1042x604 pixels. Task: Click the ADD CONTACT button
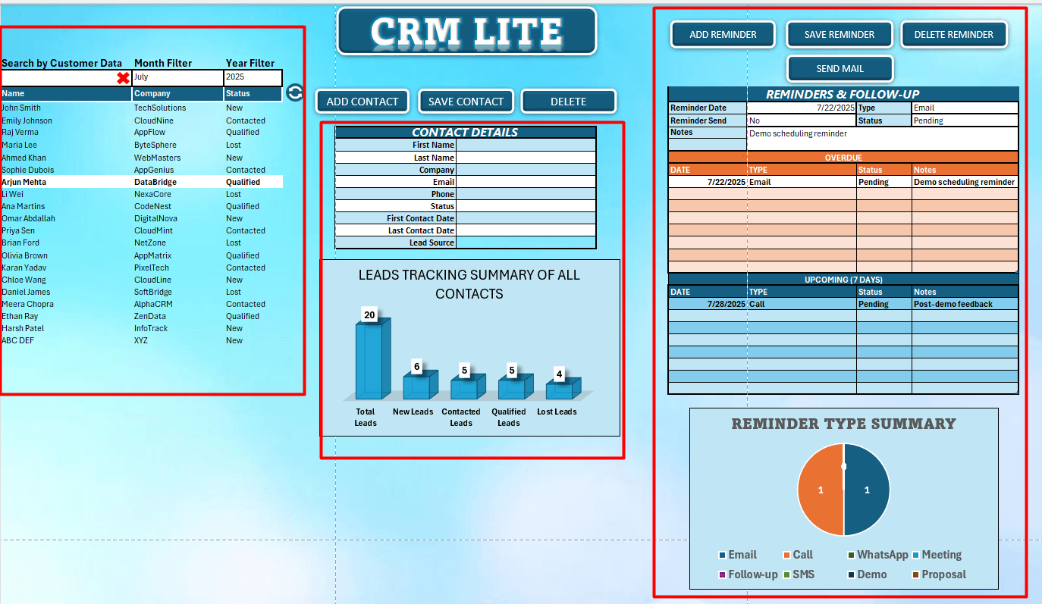[x=362, y=102]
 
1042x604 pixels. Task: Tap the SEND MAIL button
[x=840, y=69]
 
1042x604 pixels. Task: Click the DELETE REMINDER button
[x=953, y=35]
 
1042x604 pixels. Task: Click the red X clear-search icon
[x=123, y=78]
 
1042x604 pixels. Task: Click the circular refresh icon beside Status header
[x=295, y=92]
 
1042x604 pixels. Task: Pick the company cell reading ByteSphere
[x=155, y=145]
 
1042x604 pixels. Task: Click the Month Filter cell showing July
[x=177, y=77]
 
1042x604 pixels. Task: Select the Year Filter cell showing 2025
[x=252, y=77]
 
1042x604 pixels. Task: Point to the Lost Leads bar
[x=560, y=390]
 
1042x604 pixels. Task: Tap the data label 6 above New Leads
[x=416, y=367]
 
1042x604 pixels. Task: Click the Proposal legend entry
[x=943, y=574]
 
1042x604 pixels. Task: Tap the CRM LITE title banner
[x=466, y=32]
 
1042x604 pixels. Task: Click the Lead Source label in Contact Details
[x=432, y=243]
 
